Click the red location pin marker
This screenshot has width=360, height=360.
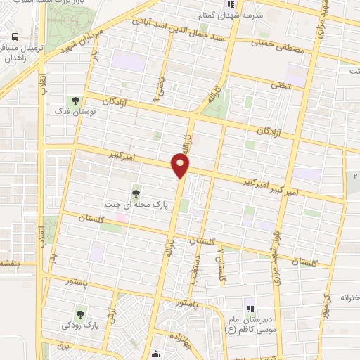[181, 167]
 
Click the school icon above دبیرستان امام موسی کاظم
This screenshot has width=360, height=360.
[248, 307]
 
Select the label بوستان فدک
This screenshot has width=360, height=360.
[74, 111]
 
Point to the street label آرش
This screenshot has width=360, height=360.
[111, 309]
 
